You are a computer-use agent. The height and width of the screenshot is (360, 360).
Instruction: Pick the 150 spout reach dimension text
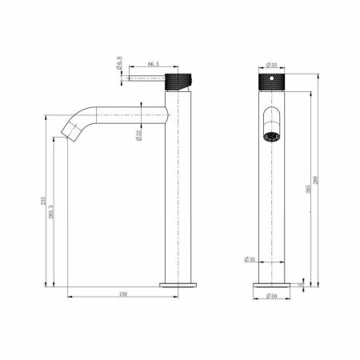pos(122,294)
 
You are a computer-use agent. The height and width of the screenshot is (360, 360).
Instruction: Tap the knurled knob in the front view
pos(270,82)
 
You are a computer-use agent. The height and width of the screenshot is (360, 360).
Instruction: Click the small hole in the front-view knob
pos(270,80)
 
